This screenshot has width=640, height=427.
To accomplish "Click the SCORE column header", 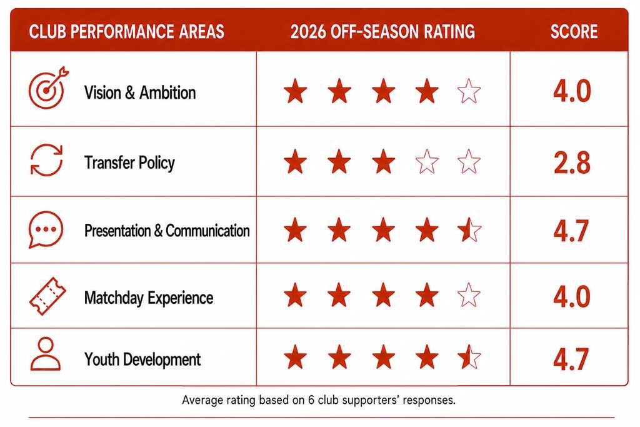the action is click(x=574, y=32).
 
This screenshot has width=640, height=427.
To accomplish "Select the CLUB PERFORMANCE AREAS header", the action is click(x=126, y=32).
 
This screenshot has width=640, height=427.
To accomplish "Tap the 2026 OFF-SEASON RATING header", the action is click(x=383, y=32).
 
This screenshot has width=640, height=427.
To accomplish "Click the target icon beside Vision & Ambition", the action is click(x=48, y=88).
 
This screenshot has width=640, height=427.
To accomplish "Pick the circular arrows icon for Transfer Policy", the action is click(x=46, y=160).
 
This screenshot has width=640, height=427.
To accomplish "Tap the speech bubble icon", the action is click(x=46, y=229).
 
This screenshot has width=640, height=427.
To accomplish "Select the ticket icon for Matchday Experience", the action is click(x=47, y=296).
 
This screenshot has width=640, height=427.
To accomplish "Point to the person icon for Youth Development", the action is click(x=46, y=354).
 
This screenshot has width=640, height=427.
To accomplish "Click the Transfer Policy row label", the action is click(x=130, y=163).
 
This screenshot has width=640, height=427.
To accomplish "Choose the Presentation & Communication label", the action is click(x=167, y=231).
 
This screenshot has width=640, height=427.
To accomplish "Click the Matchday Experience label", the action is click(x=149, y=298).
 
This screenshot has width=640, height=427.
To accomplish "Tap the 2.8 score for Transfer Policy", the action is click(x=572, y=163).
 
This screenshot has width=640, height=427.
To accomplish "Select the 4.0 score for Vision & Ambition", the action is click(x=572, y=91).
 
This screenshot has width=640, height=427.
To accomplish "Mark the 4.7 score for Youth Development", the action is click(x=571, y=359).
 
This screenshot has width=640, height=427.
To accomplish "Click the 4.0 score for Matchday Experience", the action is click(x=572, y=296).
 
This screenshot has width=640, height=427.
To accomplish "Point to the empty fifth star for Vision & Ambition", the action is click(x=469, y=91).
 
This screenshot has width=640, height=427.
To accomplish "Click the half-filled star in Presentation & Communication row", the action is click(x=469, y=229).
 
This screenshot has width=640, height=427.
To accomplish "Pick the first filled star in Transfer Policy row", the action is click(x=295, y=161).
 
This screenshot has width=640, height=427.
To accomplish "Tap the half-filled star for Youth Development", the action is click(x=469, y=357).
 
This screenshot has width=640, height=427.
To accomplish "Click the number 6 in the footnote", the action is click(x=311, y=400).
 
